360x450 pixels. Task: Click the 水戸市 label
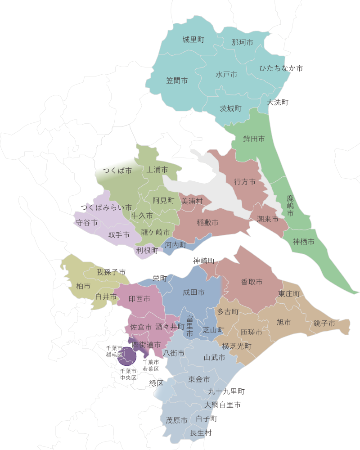tap(226, 75)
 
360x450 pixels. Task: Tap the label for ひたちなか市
tap(281, 68)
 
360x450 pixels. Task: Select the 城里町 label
tap(193, 40)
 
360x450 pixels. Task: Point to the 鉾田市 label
tap(254, 139)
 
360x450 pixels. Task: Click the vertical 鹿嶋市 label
tap(290, 206)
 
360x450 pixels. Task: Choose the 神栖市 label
tap(303, 242)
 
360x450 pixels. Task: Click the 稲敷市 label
tap(207, 223)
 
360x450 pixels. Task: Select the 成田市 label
tap(193, 292)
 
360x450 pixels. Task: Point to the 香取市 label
tap(252, 282)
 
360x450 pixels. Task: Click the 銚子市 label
tap(324, 324)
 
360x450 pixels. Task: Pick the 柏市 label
tap(83, 286)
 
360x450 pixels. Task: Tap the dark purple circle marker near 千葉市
tap(127, 356)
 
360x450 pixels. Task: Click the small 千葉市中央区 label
tap(128, 374)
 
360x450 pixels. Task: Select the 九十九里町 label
tap(226, 392)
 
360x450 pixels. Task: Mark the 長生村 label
tap(201, 433)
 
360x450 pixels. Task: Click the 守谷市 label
tap(87, 223)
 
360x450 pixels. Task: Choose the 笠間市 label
tap(177, 81)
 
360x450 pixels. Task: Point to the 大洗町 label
tap(277, 103)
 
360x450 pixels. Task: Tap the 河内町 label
tap(175, 245)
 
